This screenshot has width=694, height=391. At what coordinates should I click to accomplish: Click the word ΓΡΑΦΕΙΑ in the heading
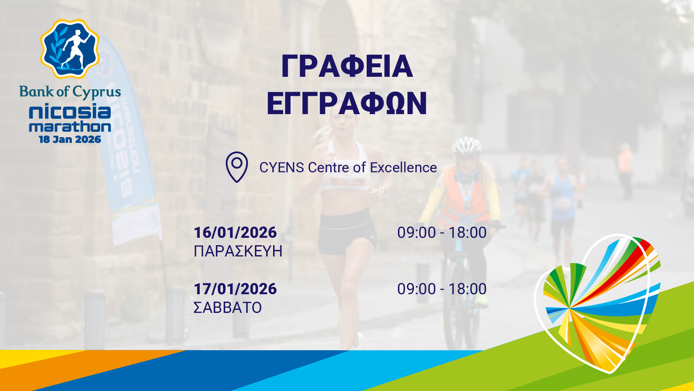click(347, 66)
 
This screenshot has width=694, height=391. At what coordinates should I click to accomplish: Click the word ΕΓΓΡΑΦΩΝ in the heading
click(347, 103)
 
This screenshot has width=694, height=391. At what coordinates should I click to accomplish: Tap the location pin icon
click(237, 167)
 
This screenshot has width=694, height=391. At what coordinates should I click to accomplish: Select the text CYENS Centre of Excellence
click(348, 168)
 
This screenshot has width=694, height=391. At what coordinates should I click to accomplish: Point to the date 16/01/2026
click(235, 233)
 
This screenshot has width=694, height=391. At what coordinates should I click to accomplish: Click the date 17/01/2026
click(235, 289)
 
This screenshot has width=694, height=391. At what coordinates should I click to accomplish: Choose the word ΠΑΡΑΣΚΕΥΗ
click(238, 251)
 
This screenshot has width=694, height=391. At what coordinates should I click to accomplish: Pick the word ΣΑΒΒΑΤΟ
click(228, 308)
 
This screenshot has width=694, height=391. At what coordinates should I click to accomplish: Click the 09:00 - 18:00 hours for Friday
click(442, 233)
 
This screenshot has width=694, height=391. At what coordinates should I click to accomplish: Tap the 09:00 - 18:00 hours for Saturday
click(442, 289)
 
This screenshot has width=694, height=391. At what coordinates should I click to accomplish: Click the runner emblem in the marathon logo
click(70, 48)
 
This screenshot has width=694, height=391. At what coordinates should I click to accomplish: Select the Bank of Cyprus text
click(70, 92)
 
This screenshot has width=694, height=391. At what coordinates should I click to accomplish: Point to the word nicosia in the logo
click(70, 112)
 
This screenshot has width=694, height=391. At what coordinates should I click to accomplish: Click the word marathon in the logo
click(70, 127)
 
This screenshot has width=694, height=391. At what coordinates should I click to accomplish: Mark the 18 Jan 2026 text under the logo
click(70, 140)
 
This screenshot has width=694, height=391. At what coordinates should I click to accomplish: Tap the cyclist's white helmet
click(467, 146)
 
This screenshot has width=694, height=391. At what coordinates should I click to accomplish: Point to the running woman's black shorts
click(347, 232)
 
